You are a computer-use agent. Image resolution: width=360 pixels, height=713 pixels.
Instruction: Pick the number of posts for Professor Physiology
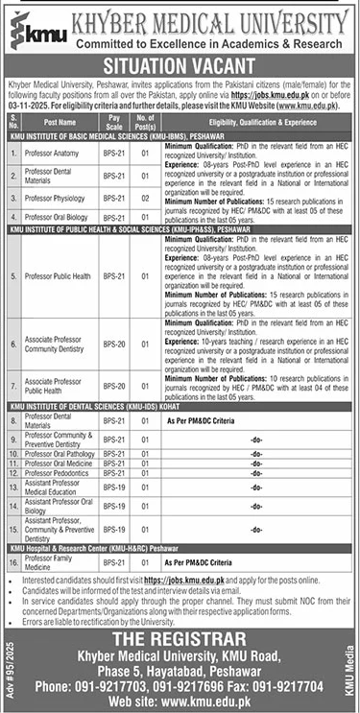tap(144, 200)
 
